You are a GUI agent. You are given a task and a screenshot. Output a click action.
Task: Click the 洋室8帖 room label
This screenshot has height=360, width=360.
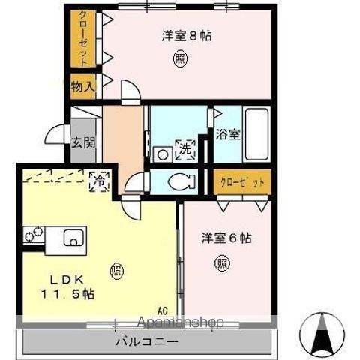pos(186,35)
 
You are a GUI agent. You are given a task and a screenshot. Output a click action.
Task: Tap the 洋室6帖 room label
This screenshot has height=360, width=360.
pos(226,238)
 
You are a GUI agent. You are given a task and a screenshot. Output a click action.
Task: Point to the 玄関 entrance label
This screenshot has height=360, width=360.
pos(82,142)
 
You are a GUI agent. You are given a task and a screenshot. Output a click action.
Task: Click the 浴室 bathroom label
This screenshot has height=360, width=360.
pos(229,135)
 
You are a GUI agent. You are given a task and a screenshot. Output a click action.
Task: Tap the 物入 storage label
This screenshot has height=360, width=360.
pos(83,86)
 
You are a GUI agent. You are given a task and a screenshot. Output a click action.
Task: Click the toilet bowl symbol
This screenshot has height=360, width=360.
pos(181,181)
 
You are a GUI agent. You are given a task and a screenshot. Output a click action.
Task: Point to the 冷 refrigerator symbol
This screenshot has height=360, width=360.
pos(99,180)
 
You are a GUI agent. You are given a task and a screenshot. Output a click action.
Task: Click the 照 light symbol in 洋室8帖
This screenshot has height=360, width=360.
pos(181,58)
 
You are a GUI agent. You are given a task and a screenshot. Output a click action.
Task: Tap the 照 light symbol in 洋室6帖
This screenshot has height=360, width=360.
pos(223,262)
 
